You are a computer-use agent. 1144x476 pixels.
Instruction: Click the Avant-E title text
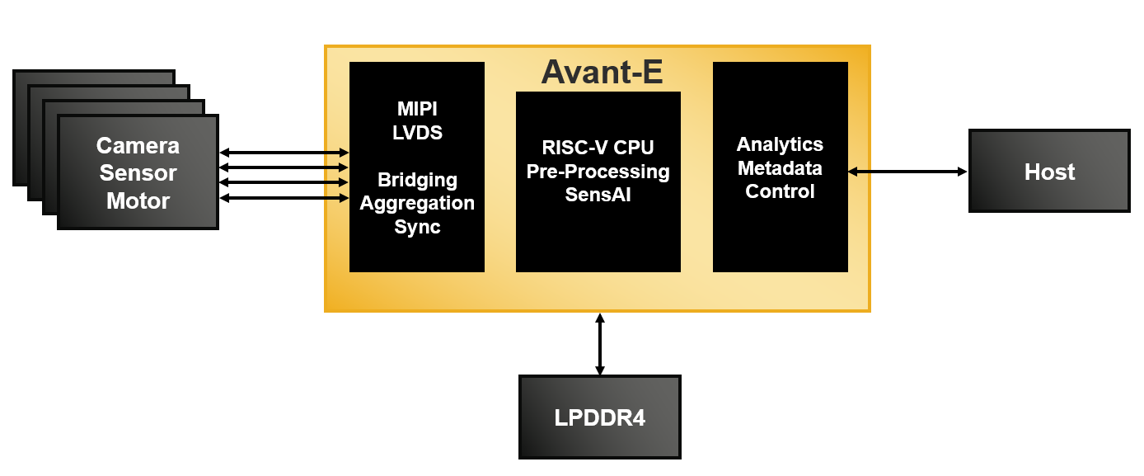point(602,73)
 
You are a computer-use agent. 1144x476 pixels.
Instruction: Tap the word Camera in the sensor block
point(138,146)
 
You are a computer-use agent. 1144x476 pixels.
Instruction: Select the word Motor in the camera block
point(138,200)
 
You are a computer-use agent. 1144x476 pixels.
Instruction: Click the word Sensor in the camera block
point(138,173)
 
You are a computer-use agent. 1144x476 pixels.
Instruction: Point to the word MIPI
point(417,109)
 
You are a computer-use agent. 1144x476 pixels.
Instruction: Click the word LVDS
point(417,132)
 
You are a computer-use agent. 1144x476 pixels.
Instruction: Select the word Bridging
point(417,180)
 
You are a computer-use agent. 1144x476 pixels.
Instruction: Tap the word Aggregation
point(417,203)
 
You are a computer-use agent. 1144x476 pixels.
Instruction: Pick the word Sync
point(417,227)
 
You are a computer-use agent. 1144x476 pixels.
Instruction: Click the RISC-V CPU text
point(598,148)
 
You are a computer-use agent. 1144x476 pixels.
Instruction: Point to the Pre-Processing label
point(598,172)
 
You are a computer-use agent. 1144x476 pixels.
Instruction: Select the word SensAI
point(598,195)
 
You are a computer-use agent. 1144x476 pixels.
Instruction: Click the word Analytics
point(780,144)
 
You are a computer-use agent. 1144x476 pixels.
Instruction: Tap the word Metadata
point(780,168)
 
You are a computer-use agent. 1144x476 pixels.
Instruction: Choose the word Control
point(780,191)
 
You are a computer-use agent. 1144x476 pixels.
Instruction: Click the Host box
point(1049,172)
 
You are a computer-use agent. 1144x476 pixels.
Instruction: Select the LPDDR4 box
point(599,417)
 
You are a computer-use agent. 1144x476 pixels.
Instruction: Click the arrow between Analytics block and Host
point(907,172)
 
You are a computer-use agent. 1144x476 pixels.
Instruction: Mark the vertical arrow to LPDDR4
point(600,344)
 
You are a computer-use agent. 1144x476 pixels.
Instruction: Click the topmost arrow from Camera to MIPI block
point(284,153)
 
